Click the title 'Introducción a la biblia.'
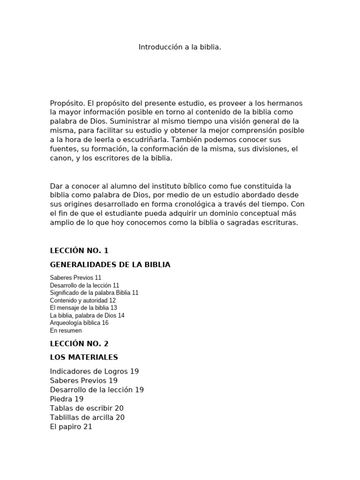(180, 47)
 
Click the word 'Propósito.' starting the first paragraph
(67, 103)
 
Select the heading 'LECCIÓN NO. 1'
(79, 251)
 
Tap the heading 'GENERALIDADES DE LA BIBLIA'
(110, 265)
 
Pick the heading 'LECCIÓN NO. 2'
(79, 344)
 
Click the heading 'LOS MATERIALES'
(84, 358)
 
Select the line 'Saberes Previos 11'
(75, 277)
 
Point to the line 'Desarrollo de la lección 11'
(84, 285)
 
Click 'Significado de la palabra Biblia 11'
(94, 292)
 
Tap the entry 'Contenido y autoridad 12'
(83, 300)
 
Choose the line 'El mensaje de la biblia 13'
(83, 307)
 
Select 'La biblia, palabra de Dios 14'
(87, 315)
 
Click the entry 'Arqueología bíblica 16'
(79, 323)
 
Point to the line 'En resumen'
(66, 330)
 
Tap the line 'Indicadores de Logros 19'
(94, 371)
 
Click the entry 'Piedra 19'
(67, 399)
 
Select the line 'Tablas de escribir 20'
(87, 408)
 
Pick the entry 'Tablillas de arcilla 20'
(87, 417)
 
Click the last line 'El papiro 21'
(71, 427)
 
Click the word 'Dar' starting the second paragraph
(56, 186)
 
